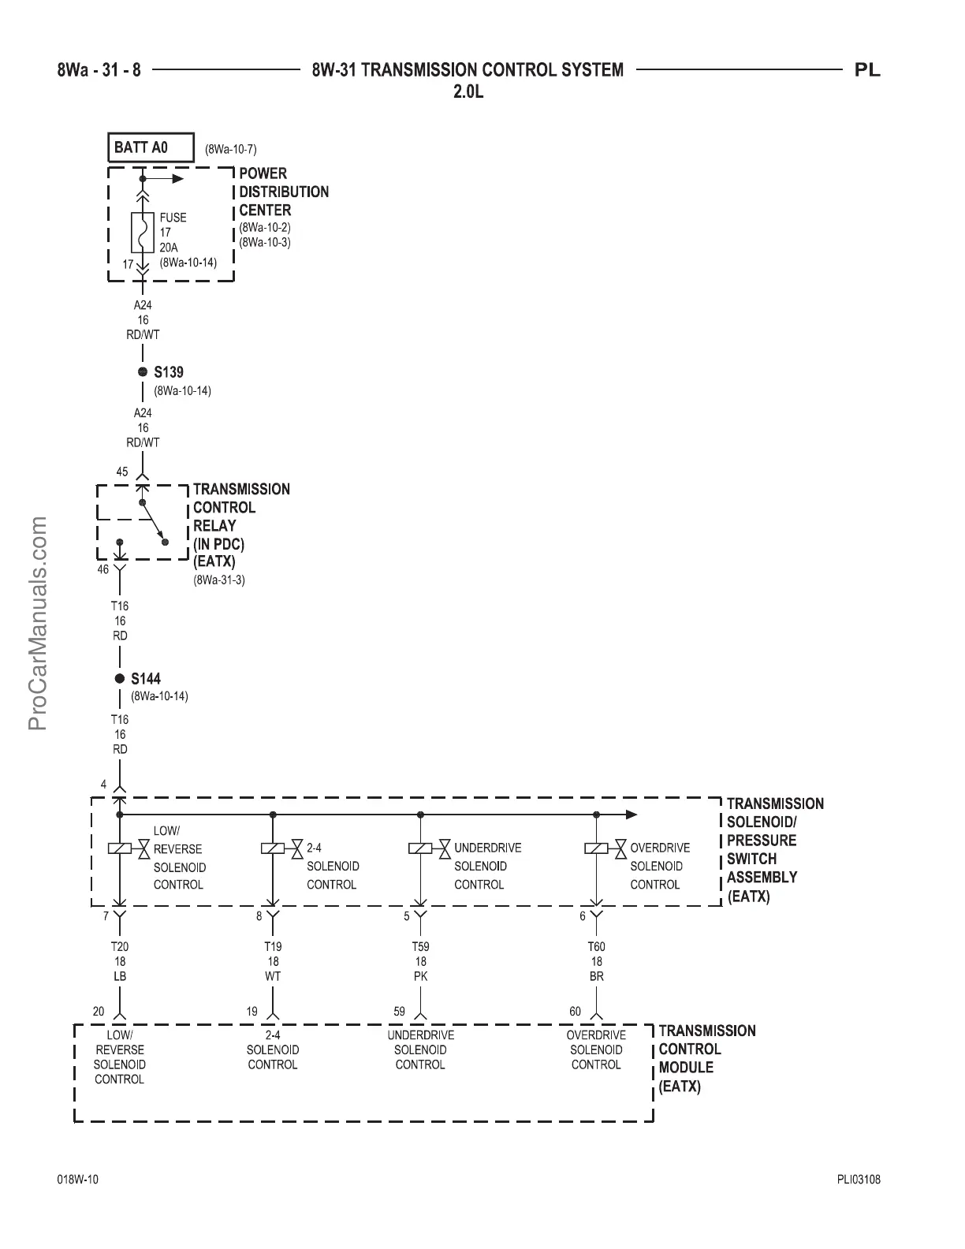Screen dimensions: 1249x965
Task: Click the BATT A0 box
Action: coord(151,147)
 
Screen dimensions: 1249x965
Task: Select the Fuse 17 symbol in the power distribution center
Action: coord(143,232)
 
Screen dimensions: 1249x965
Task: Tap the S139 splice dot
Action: coord(143,372)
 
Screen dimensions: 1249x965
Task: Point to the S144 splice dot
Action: coord(120,678)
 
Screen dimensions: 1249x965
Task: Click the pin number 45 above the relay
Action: coord(122,472)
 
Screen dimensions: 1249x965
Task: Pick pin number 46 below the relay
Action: coord(103,569)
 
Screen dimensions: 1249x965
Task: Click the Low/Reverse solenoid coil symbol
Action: coord(119,848)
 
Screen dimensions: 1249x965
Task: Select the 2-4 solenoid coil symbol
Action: coord(273,848)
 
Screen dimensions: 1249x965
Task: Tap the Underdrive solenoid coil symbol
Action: coord(420,848)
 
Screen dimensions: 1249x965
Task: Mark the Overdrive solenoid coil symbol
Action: coord(596,848)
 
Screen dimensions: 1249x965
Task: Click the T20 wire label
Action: coord(120,946)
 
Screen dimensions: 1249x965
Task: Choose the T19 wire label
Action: coord(273,946)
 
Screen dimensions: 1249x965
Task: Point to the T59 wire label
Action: coord(420,946)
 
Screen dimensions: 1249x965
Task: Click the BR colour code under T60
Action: coord(596,976)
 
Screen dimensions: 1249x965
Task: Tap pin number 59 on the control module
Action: coord(400,1012)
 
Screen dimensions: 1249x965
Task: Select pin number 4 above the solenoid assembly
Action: coord(103,785)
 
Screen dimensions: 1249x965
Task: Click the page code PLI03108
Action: coord(859,1180)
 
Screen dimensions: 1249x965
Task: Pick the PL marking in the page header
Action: coord(868,70)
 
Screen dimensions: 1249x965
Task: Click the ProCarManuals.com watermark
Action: coord(37,623)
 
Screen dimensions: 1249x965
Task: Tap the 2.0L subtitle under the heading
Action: coord(468,91)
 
